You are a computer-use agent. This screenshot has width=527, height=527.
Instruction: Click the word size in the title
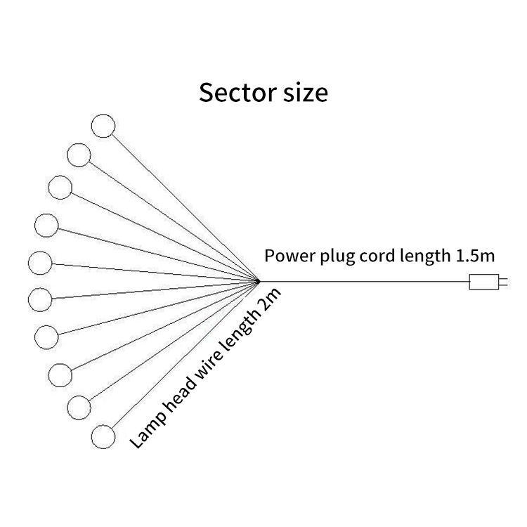[303, 93]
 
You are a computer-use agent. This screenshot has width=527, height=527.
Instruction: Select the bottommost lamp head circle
[103, 436]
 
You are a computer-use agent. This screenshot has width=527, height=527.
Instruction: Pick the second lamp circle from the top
[79, 154]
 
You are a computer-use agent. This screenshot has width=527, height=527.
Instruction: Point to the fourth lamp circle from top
[46, 225]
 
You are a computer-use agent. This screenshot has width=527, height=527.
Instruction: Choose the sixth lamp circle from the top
[39, 299]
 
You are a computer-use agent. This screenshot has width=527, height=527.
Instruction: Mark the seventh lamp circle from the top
[46, 336]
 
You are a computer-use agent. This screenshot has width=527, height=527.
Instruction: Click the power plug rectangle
[483, 282]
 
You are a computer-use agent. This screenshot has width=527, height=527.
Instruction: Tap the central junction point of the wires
[257, 281]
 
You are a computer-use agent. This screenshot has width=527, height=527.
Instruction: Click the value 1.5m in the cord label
[476, 255]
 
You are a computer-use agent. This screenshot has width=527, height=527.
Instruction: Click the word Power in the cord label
[287, 255]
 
